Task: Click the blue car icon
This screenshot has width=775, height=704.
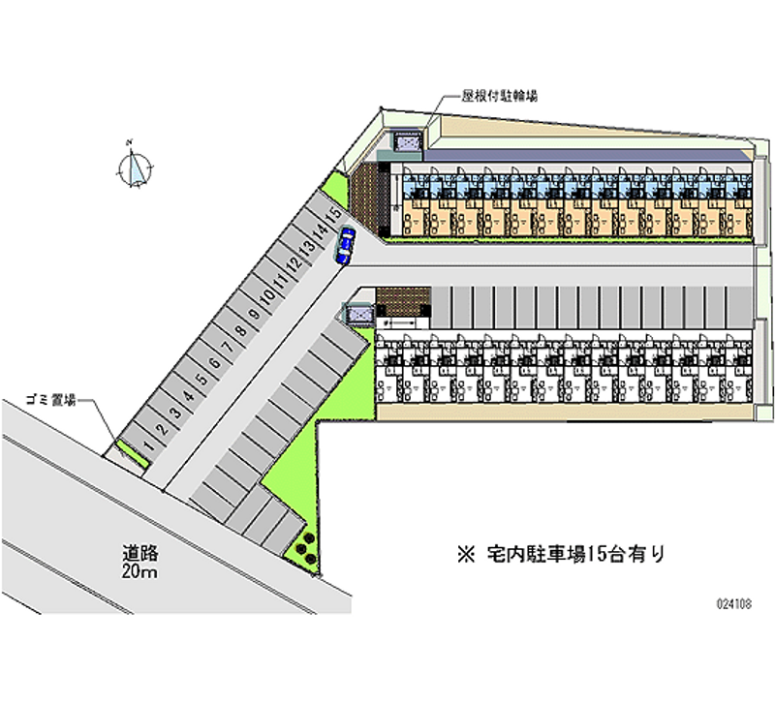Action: pos(345,245)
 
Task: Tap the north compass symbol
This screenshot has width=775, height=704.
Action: pos(134,168)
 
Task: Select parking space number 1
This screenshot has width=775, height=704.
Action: pos(147,444)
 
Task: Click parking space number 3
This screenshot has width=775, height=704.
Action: pos(173,412)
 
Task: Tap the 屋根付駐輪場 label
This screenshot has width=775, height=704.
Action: pos(500,96)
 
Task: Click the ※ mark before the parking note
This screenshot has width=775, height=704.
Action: pos(465,555)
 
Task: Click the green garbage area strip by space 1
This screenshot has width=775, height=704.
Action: pos(131,453)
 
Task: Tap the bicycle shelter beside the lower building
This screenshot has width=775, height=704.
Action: pos(359,314)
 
